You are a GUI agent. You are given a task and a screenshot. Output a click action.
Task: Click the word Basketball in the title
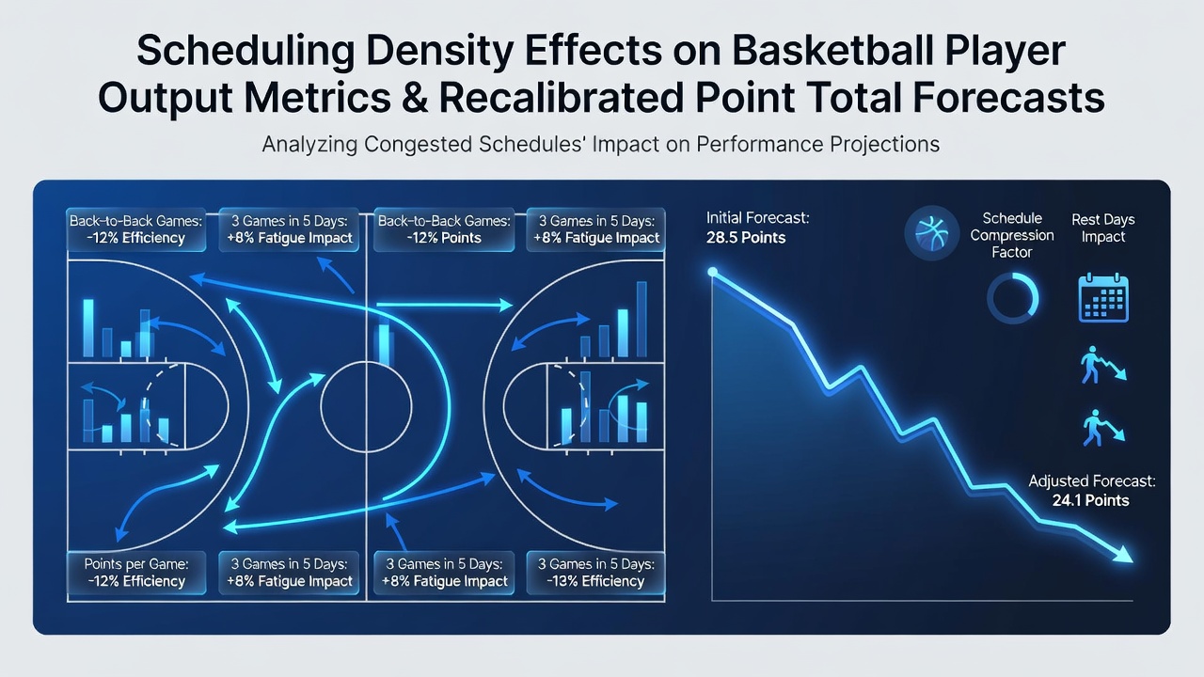pyautogui.click(x=833, y=51)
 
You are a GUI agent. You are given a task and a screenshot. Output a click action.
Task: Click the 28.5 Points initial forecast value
pyautogui.click(x=746, y=238)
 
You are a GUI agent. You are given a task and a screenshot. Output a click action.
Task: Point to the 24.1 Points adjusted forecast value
pyautogui.click(x=1090, y=500)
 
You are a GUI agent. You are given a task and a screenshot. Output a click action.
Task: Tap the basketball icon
pyautogui.click(x=931, y=233)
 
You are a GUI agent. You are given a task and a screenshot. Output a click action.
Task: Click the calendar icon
pyautogui.click(x=1103, y=298)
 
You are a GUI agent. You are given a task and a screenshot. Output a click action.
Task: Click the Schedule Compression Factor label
pyautogui.click(x=1012, y=235)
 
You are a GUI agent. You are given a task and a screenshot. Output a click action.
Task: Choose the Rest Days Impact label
pyautogui.click(x=1103, y=228)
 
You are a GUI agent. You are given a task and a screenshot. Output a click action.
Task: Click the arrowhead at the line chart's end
pyautogui.click(x=1123, y=554)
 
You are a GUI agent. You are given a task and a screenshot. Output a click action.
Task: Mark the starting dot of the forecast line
pyautogui.click(x=713, y=272)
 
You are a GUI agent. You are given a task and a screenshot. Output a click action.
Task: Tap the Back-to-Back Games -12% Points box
pyautogui.click(x=443, y=229)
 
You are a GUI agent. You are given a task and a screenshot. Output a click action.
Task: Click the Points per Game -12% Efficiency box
pyautogui.click(x=136, y=573)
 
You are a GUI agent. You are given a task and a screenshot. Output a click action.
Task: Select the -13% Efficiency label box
pyautogui.click(x=595, y=573)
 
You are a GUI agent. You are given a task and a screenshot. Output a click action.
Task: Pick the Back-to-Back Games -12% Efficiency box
pyautogui.click(x=136, y=229)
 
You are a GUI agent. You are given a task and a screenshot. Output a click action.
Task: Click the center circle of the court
pyautogui.click(x=321, y=407)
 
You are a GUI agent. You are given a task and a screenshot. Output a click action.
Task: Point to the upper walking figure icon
pyautogui.click(x=1101, y=366)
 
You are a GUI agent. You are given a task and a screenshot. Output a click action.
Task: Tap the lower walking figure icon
pyautogui.click(x=1101, y=428)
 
